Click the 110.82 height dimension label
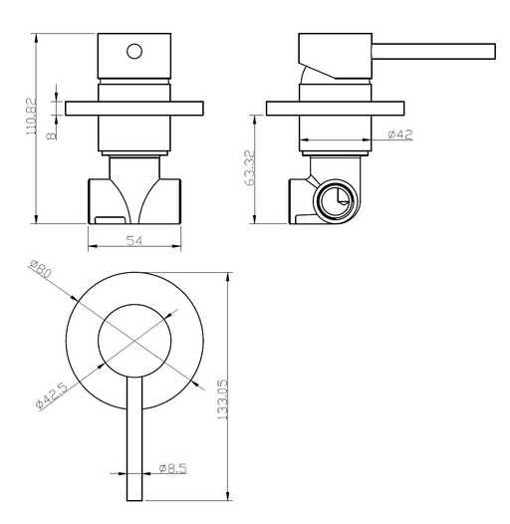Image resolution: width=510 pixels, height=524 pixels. point(31,116)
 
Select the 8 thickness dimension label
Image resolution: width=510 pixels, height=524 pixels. point(52,135)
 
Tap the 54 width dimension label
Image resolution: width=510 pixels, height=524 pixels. point(134,240)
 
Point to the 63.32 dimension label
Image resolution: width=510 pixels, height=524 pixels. point(250,167)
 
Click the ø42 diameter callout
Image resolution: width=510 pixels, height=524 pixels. point(400,134)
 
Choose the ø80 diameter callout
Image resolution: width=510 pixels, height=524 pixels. point(40,269)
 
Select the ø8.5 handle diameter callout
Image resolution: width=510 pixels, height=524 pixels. point(172,468)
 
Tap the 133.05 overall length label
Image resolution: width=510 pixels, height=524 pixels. point(222,399)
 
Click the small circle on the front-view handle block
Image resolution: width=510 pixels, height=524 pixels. point(134,52)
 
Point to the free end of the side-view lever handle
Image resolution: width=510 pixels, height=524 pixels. point(495,52)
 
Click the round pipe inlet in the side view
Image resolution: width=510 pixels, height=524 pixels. point(336,201)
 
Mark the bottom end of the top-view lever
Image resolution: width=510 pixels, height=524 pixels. point(134,500)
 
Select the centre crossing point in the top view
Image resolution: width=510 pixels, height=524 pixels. point(134,341)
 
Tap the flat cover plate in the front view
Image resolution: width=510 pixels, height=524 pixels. point(134,109)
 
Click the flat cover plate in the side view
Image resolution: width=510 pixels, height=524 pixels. point(336,109)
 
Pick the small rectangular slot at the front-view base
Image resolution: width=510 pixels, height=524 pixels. point(110,220)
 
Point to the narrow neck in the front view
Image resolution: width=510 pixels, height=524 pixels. point(134,167)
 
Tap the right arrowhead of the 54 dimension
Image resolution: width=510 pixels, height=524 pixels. point(176,246)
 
